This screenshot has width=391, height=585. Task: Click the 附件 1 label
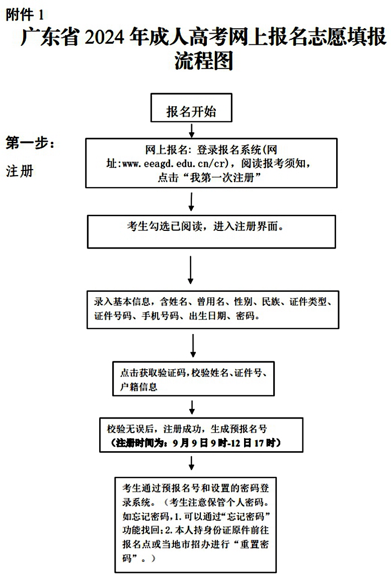coord(25,15)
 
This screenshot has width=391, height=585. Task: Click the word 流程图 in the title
coord(204,60)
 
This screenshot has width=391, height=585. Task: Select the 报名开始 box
coord(191,108)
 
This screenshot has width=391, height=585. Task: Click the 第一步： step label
coord(30,143)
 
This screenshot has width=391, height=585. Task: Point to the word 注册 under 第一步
coord(20,171)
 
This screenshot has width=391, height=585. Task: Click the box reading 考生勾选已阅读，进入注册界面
coord(211,232)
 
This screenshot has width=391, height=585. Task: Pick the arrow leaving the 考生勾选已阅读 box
coord(190,270)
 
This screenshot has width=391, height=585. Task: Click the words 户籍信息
coord(139,386)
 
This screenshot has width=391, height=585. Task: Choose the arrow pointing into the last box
coord(192,463)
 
